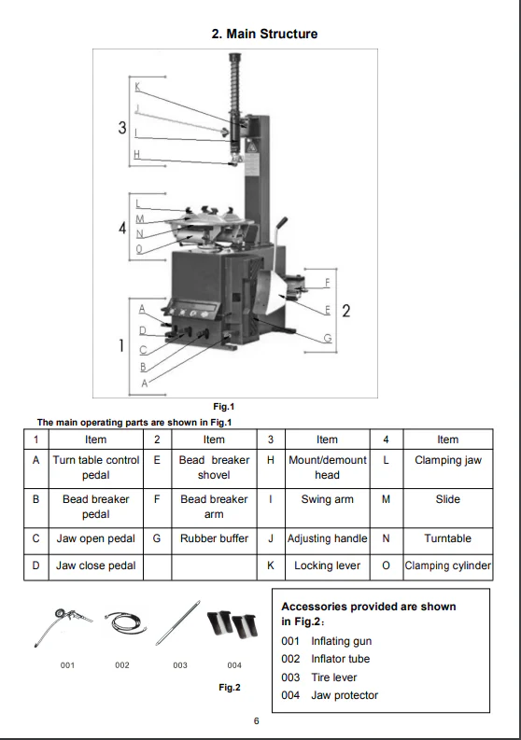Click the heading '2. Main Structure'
tap(264, 34)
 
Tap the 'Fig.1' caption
tap(224, 406)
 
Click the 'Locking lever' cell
tap(328, 565)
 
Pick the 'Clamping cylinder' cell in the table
tap(448, 565)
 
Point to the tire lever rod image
tap(178, 623)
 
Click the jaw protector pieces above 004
tap(232, 624)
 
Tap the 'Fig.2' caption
tap(230, 687)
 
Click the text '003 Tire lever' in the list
tap(318, 677)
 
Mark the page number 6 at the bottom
tap(257, 720)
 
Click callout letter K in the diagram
tap(137, 87)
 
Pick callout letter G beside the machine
tap(328, 338)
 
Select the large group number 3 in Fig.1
tap(122, 128)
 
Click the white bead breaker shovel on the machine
tap(273, 294)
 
